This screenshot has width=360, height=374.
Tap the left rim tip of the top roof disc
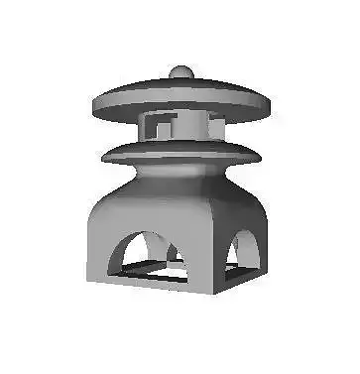point(92,102)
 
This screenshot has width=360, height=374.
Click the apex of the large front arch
point(145,232)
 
